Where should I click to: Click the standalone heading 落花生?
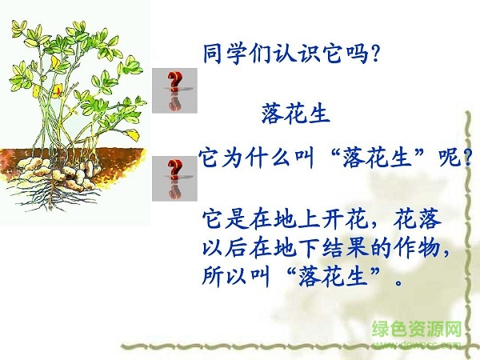(x=295, y=115)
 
